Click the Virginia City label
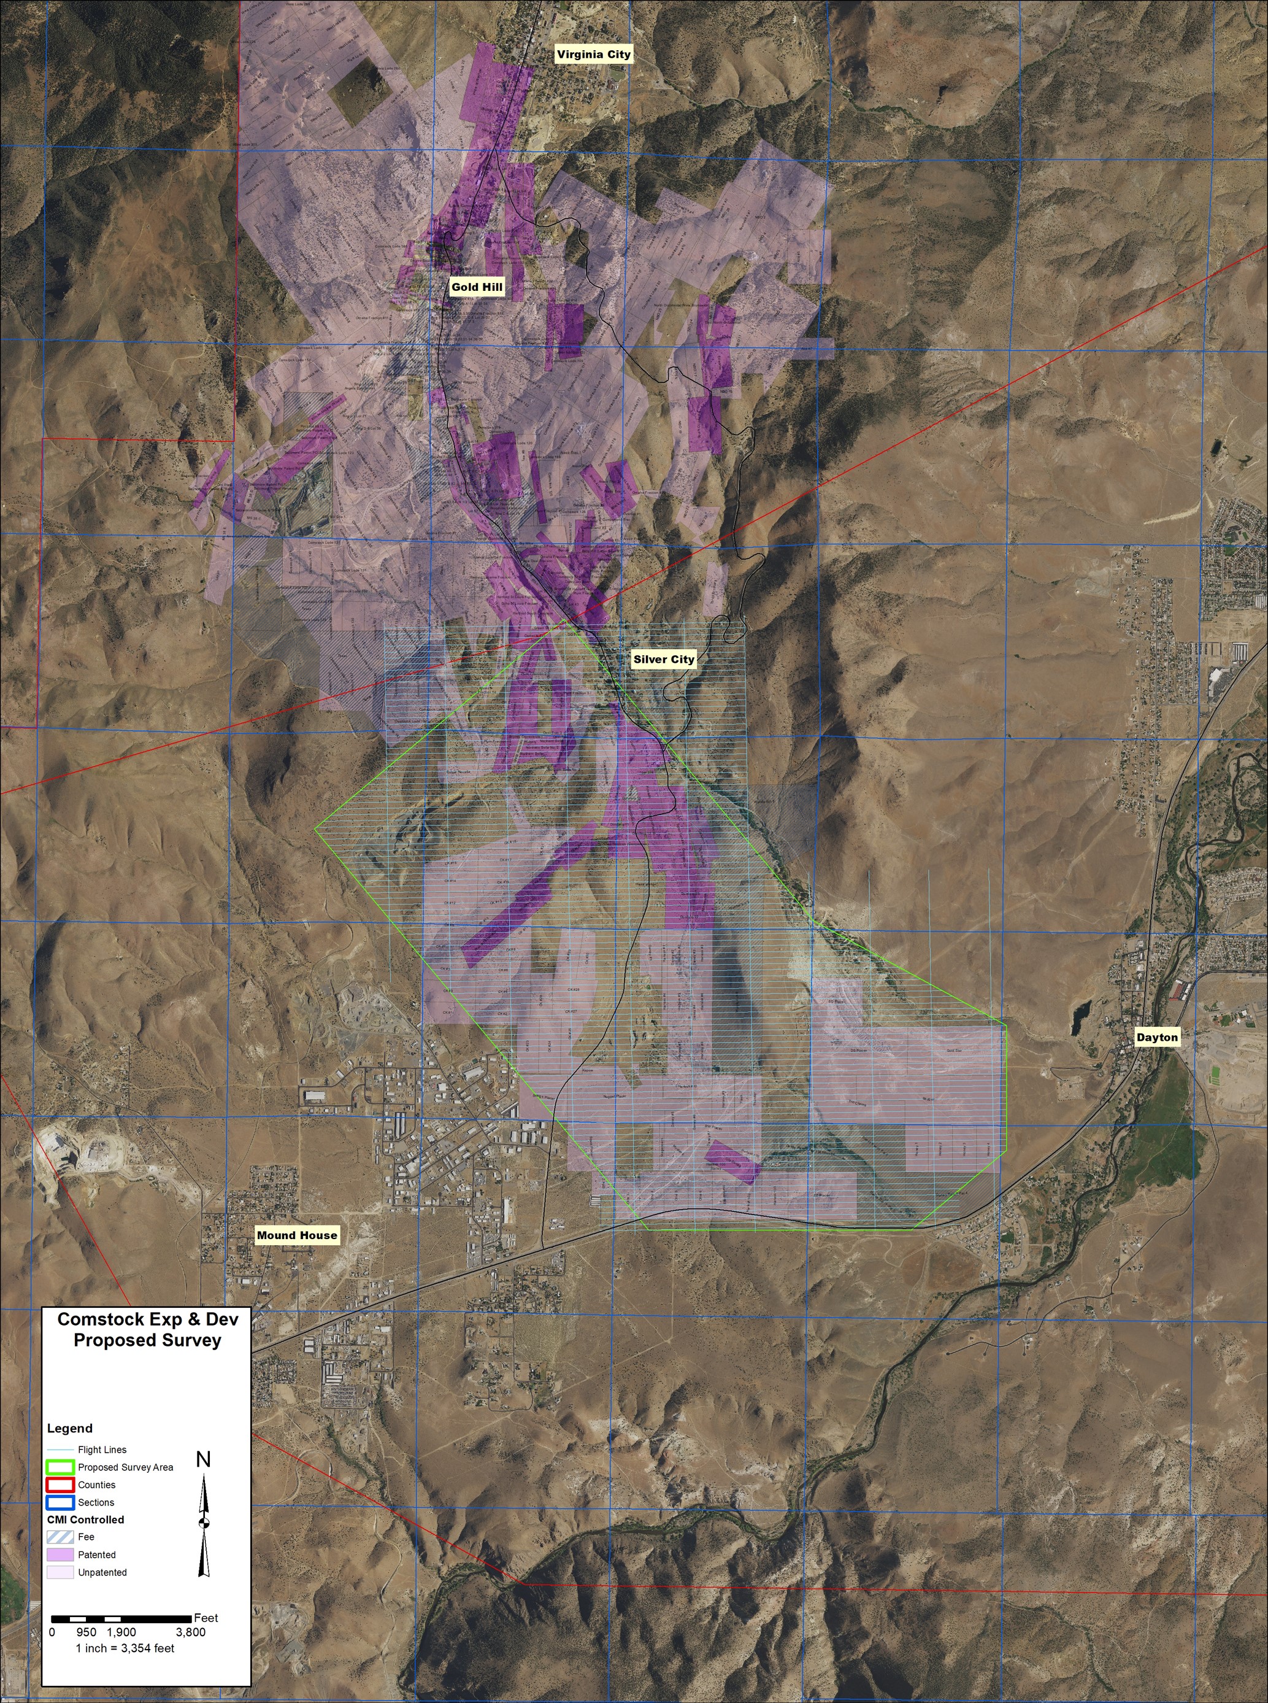pyautogui.click(x=593, y=55)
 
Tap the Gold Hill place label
pyautogui.click(x=477, y=287)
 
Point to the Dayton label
pyautogui.click(x=1157, y=1037)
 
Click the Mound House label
pyautogui.click(x=296, y=1235)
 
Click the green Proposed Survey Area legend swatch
pyautogui.click(x=61, y=1467)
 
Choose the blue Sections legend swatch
pyautogui.click(x=61, y=1502)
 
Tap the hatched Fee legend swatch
pyautogui.click(x=61, y=1537)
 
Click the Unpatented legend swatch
pyautogui.click(x=61, y=1572)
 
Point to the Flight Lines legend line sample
pyautogui.click(x=61, y=1450)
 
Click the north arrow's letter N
pyautogui.click(x=204, y=1459)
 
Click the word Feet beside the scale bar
pyautogui.click(x=206, y=1618)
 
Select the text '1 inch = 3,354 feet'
pyautogui.click(x=125, y=1648)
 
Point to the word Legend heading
pyautogui.click(x=70, y=1428)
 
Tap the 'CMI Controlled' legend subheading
pyautogui.click(x=85, y=1520)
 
